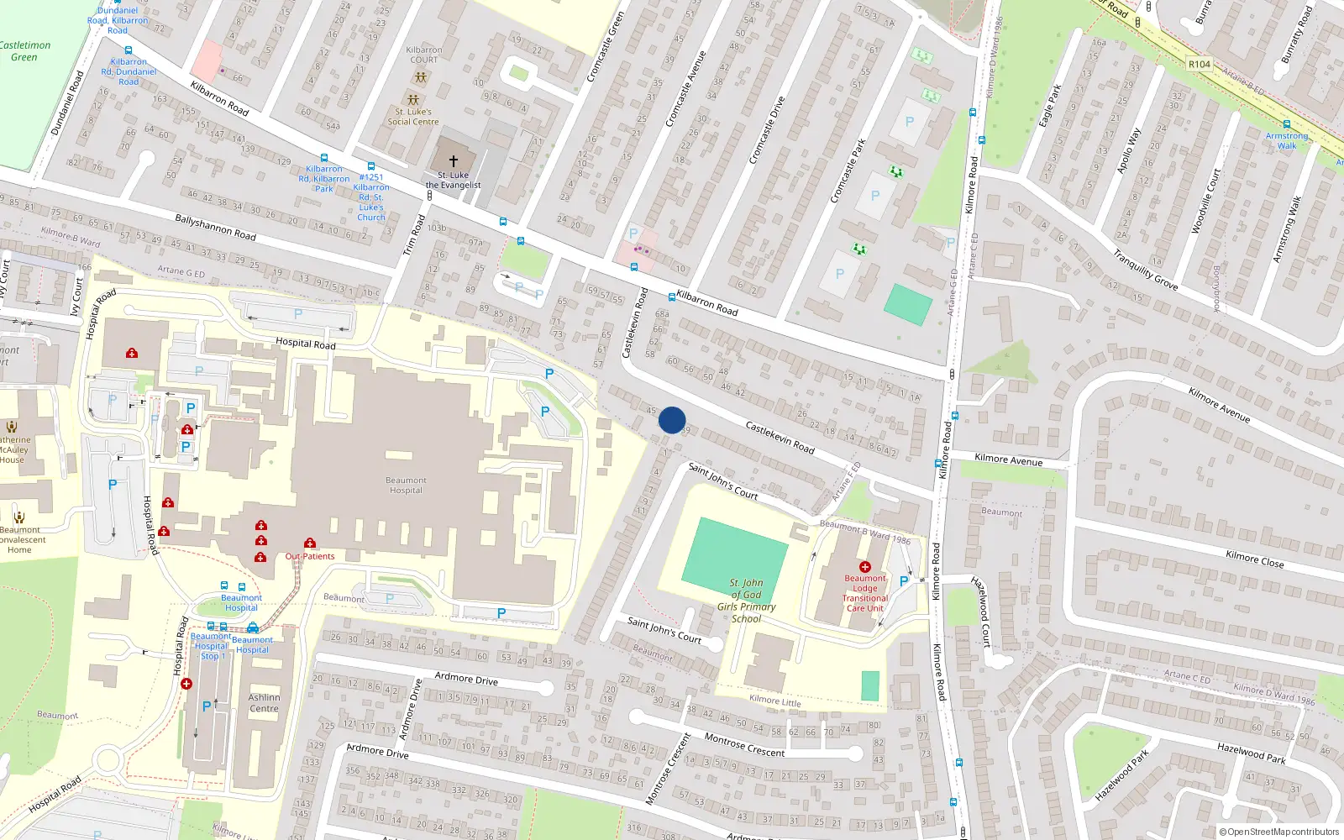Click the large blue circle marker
tap(672, 420)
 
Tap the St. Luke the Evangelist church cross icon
tap(454, 160)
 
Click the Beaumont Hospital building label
tap(406, 486)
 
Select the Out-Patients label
tap(309, 556)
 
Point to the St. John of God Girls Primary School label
tap(746, 601)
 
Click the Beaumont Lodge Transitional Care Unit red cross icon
tap(865, 567)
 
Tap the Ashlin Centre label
tap(264, 703)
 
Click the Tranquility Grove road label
tap(1145, 270)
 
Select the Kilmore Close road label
tap(1254, 559)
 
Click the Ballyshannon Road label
tap(215, 228)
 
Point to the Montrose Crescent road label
tap(744, 745)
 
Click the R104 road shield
tap(1200, 65)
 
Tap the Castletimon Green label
tap(24, 51)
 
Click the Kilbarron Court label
tap(423, 55)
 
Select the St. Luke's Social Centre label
tap(412, 117)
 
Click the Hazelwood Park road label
tap(1251, 753)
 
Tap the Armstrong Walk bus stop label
tap(1287, 140)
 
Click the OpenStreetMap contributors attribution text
tap(1279, 832)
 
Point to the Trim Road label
tap(414, 235)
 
